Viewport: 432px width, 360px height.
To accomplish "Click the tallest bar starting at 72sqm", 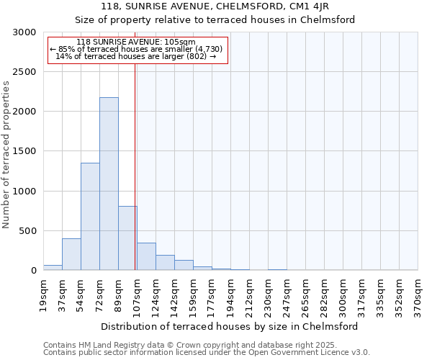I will pos(109,184).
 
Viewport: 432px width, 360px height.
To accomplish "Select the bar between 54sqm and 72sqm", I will pos(90,216).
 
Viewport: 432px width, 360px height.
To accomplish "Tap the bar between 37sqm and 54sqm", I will pos(71,254).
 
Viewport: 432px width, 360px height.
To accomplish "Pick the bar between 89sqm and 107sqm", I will pos(127,238).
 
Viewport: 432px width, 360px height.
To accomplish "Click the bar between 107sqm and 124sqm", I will pos(146,256).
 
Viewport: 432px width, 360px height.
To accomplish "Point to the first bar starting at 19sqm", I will pos(53,267).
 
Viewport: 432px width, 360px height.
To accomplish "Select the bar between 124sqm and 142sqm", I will pos(165,263).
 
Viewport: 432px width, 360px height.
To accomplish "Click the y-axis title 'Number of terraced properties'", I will pos(6,154).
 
